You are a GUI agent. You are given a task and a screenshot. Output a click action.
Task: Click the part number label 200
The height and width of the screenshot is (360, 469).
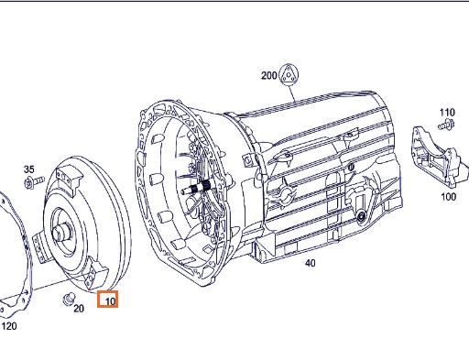[x=268, y=75]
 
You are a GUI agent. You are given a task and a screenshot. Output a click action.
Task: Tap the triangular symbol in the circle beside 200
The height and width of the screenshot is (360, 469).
[x=289, y=74]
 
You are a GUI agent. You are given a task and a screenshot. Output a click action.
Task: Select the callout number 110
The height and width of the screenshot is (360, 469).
[x=447, y=113]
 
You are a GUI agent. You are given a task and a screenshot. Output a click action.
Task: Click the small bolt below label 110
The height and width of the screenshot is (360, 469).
[x=446, y=125]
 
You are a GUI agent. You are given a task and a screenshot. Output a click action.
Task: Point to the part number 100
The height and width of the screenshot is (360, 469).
[x=449, y=196]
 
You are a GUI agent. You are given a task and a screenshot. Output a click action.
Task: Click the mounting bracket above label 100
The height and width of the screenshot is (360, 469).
[x=440, y=158]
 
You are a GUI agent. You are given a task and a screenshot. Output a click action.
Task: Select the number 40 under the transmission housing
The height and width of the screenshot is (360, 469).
[x=310, y=263]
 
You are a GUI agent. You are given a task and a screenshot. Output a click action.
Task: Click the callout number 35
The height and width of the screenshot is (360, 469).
[x=29, y=169]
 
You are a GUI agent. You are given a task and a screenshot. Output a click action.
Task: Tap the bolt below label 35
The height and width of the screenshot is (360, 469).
[x=34, y=182]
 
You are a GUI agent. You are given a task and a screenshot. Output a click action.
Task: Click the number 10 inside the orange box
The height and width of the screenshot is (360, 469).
[x=110, y=301]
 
